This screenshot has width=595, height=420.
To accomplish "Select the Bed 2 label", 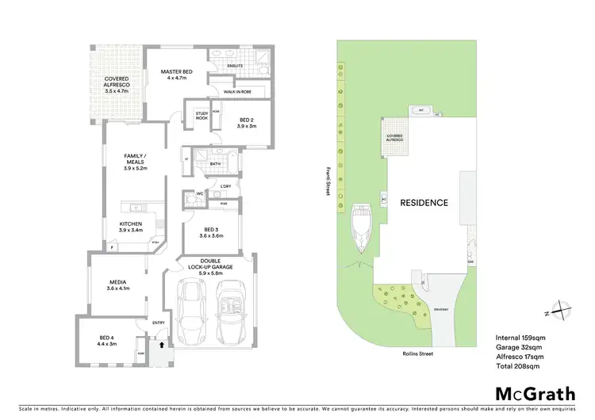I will (247, 122).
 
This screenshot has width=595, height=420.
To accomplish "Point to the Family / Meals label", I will (136, 162).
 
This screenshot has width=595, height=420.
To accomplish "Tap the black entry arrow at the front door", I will (162, 346).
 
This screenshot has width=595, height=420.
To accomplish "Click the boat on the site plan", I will (361, 228).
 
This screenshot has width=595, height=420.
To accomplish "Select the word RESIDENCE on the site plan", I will (424, 203).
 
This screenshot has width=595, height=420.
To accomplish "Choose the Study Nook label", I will (202, 116).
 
